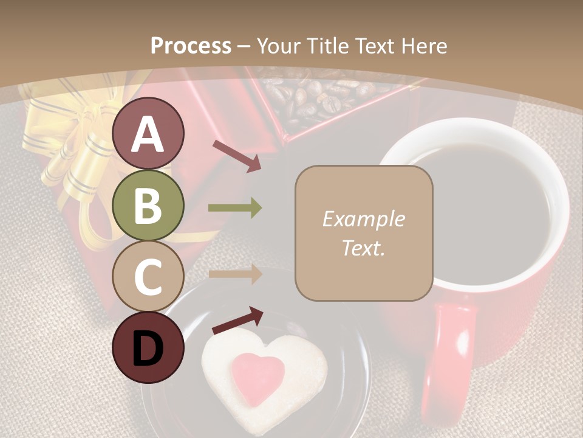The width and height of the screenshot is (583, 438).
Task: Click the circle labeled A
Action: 148,134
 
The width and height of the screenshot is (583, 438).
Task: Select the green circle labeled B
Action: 148,206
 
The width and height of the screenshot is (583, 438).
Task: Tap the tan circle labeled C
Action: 148,276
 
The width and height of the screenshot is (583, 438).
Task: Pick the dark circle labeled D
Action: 148,347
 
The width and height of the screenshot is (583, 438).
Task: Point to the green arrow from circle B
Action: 235,208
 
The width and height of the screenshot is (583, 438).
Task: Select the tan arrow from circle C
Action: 235,274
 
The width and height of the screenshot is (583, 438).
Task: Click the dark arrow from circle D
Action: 237,321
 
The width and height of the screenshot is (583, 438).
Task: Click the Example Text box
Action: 363,233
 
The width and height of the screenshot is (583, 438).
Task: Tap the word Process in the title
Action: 191,46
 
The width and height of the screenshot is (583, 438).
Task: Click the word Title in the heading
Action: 328,46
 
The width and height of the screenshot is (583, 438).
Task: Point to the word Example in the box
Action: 363,219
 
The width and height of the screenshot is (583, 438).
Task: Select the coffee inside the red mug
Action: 480,207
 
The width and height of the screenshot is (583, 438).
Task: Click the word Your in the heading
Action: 278,46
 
